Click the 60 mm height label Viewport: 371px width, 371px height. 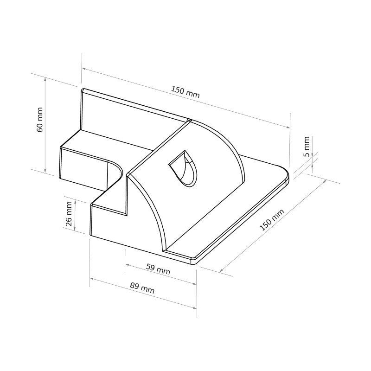[40, 120]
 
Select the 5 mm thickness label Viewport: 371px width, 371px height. [306, 147]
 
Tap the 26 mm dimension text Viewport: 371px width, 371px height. [69, 214]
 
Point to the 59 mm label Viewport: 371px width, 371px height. [158, 269]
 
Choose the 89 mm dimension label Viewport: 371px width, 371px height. [142, 288]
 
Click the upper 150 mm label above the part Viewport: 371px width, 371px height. [185, 92]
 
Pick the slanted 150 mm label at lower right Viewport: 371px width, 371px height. [272, 220]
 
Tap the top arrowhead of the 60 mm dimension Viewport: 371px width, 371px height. [45, 78]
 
